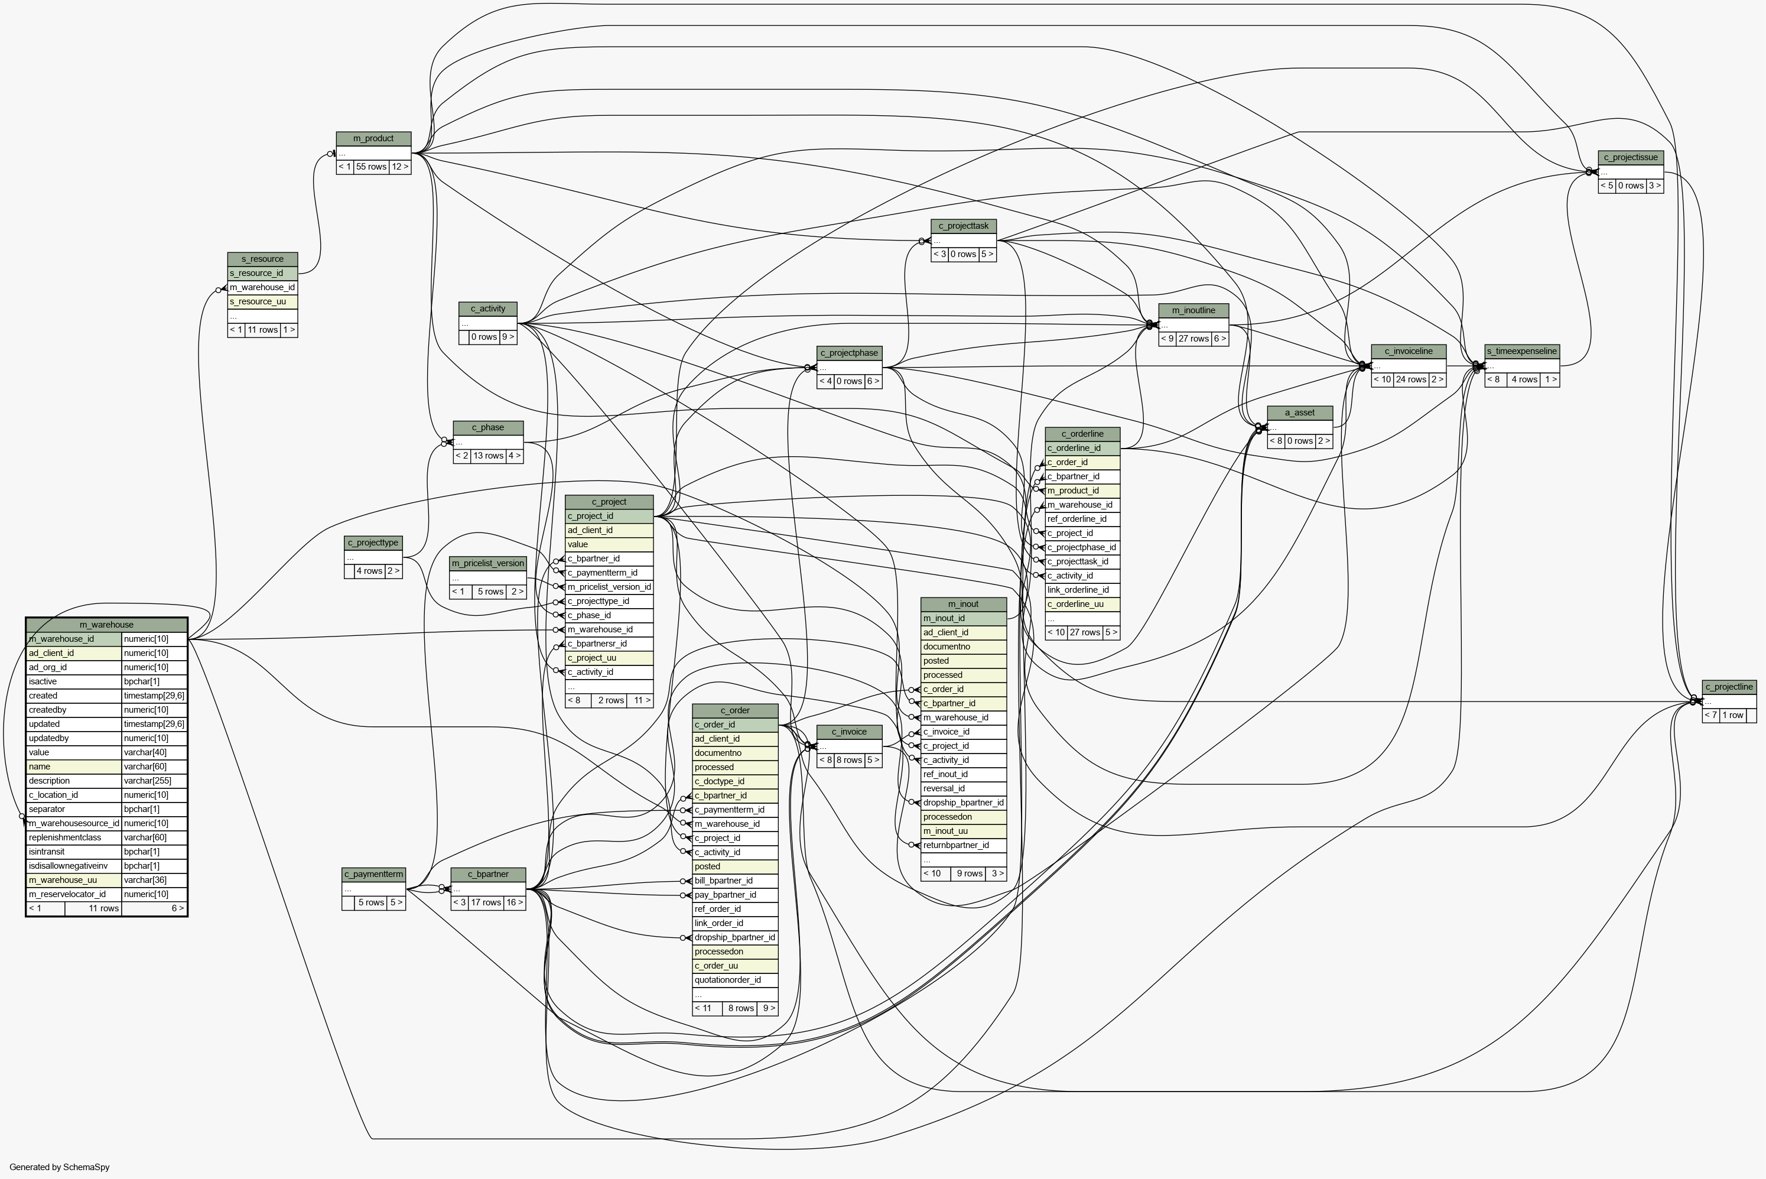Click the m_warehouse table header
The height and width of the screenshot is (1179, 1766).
(107, 624)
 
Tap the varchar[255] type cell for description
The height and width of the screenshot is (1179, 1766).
(154, 781)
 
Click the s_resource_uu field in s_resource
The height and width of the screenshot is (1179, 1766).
(262, 301)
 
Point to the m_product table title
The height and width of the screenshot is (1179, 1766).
(373, 138)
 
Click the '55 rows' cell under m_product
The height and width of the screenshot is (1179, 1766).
(372, 167)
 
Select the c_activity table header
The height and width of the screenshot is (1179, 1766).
(488, 308)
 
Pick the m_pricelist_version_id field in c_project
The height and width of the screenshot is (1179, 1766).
(609, 586)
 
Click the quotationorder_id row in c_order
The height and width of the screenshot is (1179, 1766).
(735, 980)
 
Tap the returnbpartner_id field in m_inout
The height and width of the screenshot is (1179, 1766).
(964, 845)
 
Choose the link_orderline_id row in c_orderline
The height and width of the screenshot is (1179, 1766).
(1082, 590)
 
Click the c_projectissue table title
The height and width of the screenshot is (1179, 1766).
(1631, 157)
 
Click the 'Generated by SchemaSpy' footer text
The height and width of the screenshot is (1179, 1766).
(60, 1167)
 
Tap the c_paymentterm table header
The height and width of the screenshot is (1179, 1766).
(373, 873)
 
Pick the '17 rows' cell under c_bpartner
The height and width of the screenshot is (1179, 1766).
(486, 902)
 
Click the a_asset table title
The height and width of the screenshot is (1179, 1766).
(1300, 413)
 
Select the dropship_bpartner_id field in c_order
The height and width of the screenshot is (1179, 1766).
(735, 938)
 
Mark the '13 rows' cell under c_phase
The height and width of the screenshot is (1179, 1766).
(489, 456)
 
